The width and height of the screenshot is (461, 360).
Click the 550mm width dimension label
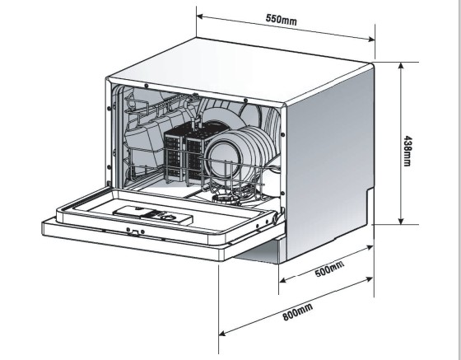coord(281,20)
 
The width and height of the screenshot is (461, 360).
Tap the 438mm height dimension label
coord(407,151)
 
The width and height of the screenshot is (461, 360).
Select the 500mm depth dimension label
coord(329,269)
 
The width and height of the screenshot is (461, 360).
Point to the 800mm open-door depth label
coord(297,311)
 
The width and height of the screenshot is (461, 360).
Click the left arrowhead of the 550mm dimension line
coord(199,16)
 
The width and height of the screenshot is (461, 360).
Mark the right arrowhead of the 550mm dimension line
coord(371,39)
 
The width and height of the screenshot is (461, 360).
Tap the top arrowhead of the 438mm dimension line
coord(401,65)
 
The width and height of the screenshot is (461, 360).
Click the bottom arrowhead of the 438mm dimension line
coord(401,221)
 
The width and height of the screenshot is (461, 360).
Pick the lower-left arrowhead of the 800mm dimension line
coord(222,333)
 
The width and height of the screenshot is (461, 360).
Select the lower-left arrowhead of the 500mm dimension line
coord(282,280)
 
